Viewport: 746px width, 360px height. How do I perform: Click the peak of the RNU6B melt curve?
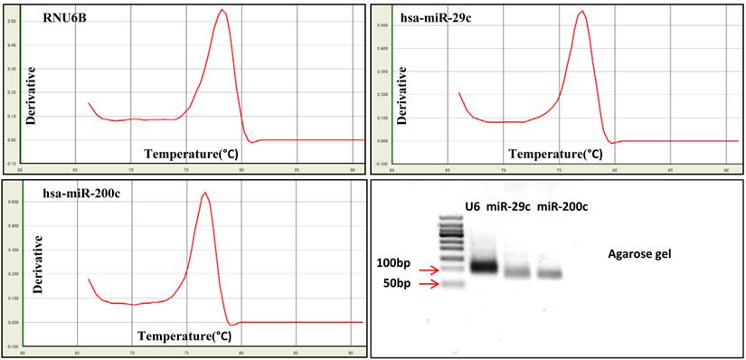(222, 11)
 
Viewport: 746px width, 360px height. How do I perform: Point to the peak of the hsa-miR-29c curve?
(582, 12)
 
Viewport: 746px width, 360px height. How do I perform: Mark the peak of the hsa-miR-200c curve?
(205, 193)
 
